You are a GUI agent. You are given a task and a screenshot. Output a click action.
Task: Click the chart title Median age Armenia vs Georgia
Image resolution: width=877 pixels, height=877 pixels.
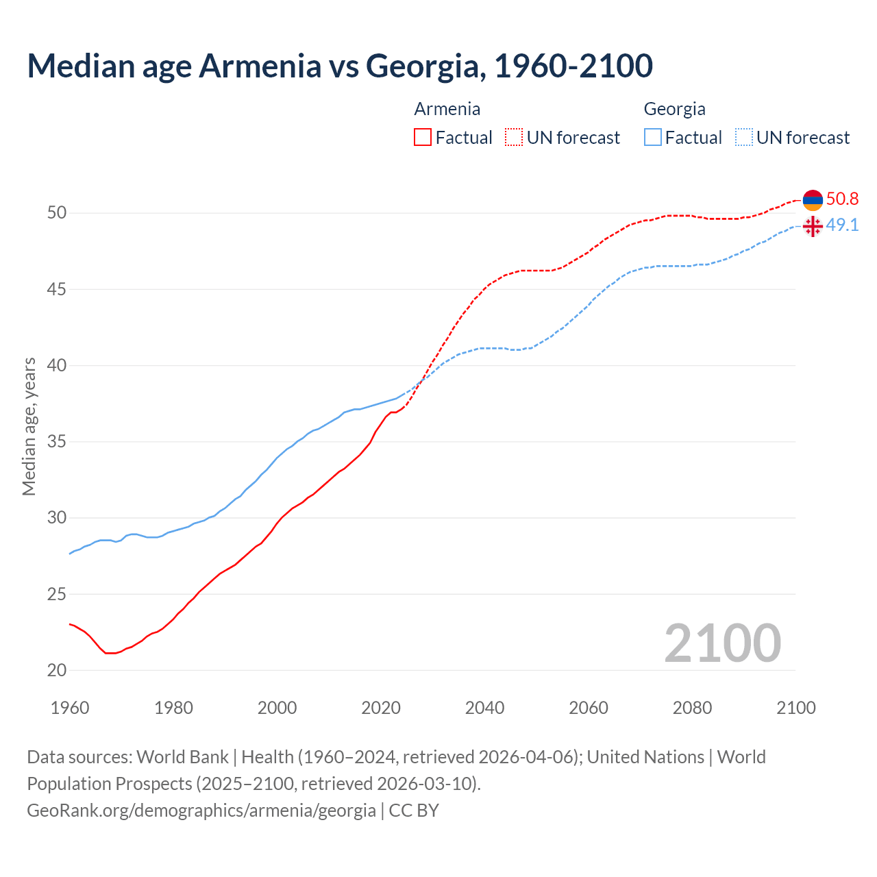pos(340,66)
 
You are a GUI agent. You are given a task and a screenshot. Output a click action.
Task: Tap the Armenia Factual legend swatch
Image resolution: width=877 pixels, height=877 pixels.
pos(423,137)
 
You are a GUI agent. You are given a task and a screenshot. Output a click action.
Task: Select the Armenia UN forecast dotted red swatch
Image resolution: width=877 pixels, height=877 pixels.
pos(514,137)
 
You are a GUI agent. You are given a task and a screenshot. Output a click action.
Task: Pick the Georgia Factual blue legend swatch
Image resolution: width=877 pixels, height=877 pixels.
pos(653,137)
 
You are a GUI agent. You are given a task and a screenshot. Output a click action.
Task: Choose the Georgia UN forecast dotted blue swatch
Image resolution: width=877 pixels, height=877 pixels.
pos(744,137)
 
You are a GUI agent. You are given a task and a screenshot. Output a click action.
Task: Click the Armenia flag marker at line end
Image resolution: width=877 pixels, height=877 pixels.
pos(813,199)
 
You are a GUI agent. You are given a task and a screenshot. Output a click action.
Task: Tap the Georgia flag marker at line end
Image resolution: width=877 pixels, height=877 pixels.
pos(813,226)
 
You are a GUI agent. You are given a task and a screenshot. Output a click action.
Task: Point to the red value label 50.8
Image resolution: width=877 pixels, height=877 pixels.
pos(842,199)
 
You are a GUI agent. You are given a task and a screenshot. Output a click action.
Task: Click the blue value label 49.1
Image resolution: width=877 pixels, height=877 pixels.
pos(842,225)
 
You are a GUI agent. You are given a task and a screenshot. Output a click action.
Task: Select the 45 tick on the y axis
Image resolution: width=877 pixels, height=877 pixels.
pos(57,289)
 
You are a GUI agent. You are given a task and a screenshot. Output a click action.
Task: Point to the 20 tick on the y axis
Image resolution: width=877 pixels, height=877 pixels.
pos(57,670)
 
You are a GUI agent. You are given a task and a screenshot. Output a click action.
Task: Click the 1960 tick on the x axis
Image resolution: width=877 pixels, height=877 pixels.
pos(70,708)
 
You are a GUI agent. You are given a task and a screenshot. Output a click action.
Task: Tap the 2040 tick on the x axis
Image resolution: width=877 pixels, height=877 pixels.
pos(484,708)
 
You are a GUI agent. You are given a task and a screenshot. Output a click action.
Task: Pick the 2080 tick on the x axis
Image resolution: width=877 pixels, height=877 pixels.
pos(692,708)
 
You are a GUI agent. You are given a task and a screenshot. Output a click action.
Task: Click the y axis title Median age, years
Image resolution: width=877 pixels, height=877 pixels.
pos(29,426)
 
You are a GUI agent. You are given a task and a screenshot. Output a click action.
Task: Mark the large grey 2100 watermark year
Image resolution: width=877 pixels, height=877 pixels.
pos(722,643)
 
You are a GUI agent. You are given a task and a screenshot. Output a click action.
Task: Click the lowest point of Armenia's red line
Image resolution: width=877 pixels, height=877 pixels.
pos(110,653)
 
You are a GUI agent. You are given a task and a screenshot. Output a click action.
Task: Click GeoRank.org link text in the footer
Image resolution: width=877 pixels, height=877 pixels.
pos(201,810)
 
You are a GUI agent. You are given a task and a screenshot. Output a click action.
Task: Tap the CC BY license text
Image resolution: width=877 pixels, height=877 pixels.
pos(414,810)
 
